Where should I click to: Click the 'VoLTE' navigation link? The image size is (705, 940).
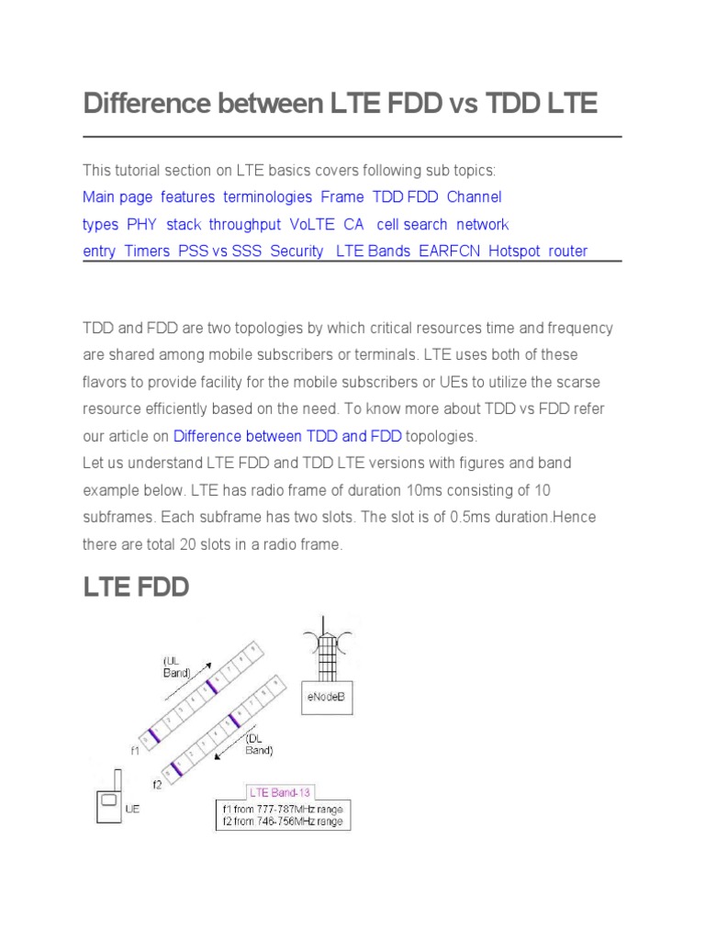coord(312,224)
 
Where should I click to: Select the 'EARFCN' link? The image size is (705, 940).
coord(449,251)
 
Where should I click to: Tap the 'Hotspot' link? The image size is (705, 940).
coord(514,251)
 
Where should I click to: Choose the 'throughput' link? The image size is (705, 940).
coord(244,224)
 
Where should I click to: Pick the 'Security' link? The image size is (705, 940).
coord(297,251)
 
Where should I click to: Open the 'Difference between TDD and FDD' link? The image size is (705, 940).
coord(287,435)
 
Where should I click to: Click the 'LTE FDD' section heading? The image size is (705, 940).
coord(136,587)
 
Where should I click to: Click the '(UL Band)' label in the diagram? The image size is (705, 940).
coord(176,666)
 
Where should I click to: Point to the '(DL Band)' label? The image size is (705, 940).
coord(258,744)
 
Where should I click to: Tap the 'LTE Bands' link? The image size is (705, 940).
coord(374,251)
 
